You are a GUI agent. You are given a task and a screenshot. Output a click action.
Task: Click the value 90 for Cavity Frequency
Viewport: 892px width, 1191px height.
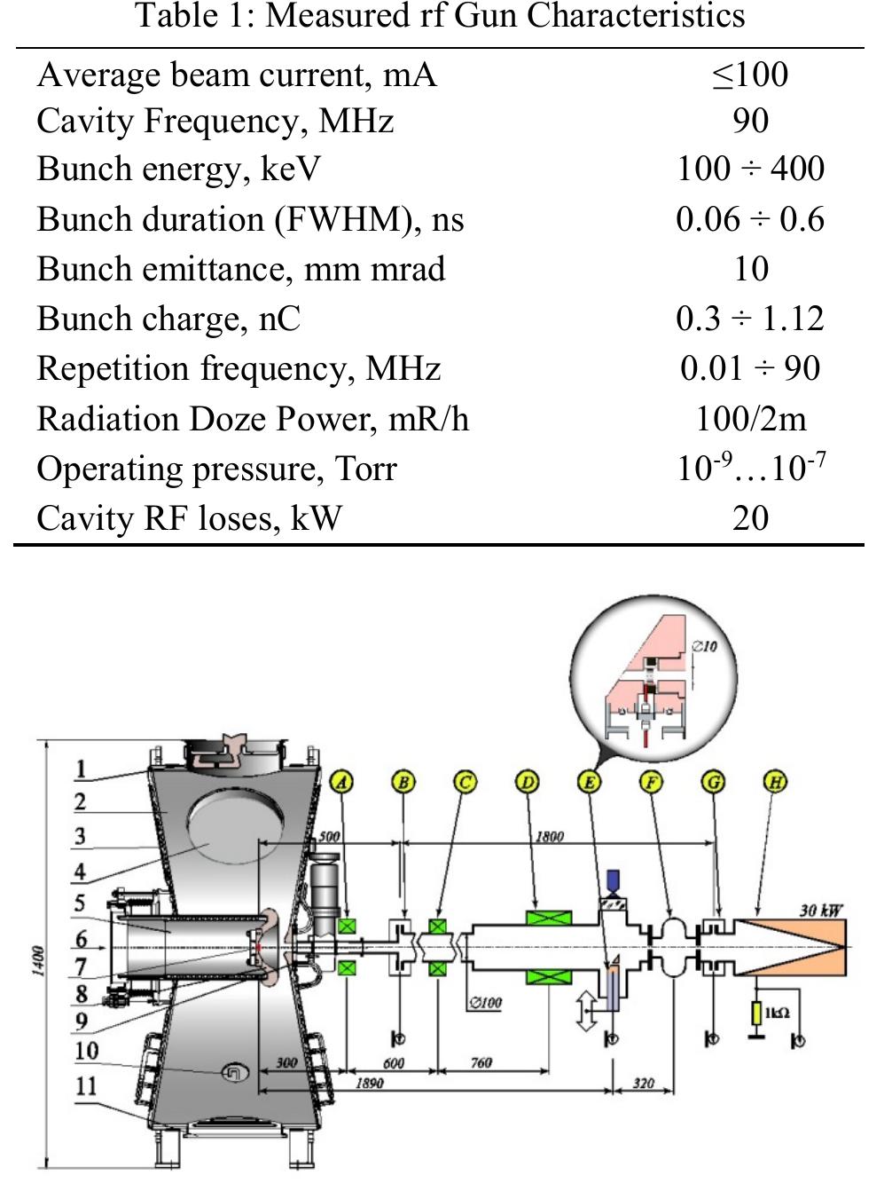click(x=750, y=122)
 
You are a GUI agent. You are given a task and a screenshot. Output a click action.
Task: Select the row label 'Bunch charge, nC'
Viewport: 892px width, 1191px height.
click(x=168, y=319)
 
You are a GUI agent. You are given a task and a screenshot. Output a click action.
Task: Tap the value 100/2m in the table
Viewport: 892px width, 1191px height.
click(x=750, y=418)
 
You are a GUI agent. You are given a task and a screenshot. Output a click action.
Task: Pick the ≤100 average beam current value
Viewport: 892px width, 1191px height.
click(x=750, y=74)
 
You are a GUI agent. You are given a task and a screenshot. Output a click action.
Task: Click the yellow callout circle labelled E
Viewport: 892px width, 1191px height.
click(x=589, y=782)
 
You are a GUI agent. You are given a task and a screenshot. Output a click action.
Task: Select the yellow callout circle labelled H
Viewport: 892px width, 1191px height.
click(x=775, y=782)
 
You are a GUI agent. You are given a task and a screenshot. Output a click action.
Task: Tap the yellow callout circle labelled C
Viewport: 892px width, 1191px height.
click(x=466, y=782)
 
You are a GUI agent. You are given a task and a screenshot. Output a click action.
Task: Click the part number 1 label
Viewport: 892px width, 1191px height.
click(x=81, y=769)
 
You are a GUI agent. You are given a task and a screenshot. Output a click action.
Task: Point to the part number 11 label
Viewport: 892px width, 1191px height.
click(x=86, y=1086)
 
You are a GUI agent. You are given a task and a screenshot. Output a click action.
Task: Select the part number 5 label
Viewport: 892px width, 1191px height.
click(x=80, y=903)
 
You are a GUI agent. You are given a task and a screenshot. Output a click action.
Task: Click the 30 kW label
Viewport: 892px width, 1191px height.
click(x=820, y=911)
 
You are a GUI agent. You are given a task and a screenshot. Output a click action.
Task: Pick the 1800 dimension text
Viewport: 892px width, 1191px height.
click(x=549, y=836)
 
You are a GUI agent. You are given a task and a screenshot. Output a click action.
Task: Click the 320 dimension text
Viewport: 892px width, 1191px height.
click(x=643, y=1083)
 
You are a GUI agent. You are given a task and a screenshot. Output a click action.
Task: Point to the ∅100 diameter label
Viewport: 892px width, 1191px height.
click(x=485, y=1003)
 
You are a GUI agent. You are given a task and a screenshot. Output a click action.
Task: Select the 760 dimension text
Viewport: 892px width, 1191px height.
click(x=481, y=1062)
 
